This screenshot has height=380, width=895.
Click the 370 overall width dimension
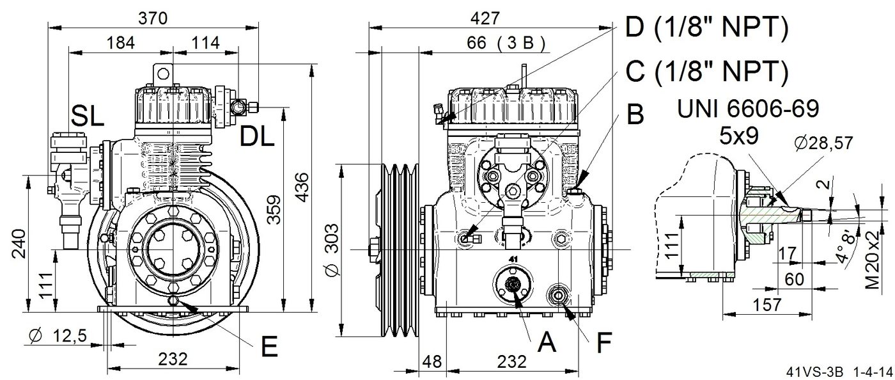(x=153, y=19)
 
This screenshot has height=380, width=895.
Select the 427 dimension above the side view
(x=485, y=19)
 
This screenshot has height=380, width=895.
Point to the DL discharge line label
(x=257, y=136)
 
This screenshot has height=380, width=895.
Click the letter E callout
(x=269, y=346)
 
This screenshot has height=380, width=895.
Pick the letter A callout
(x=547, y=342)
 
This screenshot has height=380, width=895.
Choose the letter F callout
(x=604, y=342)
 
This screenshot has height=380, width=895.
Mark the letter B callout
(x=635, y=114)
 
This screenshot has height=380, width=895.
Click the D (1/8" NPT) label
(x=707, y=28)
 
